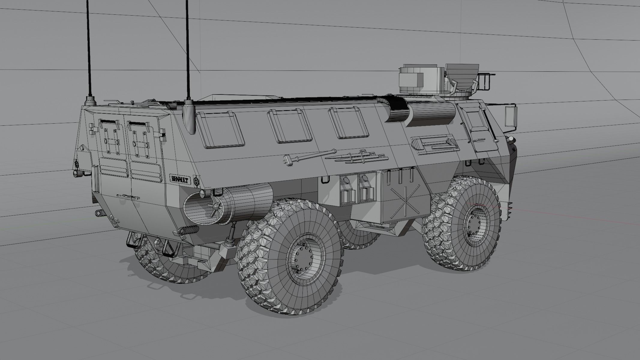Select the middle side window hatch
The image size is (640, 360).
coord(289,125)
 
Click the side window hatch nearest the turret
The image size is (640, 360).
coord(348,123)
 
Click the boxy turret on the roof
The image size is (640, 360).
coord(420,79)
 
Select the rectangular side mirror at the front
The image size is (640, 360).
coord(511,116)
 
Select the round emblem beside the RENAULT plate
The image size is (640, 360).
coord(197,181)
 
